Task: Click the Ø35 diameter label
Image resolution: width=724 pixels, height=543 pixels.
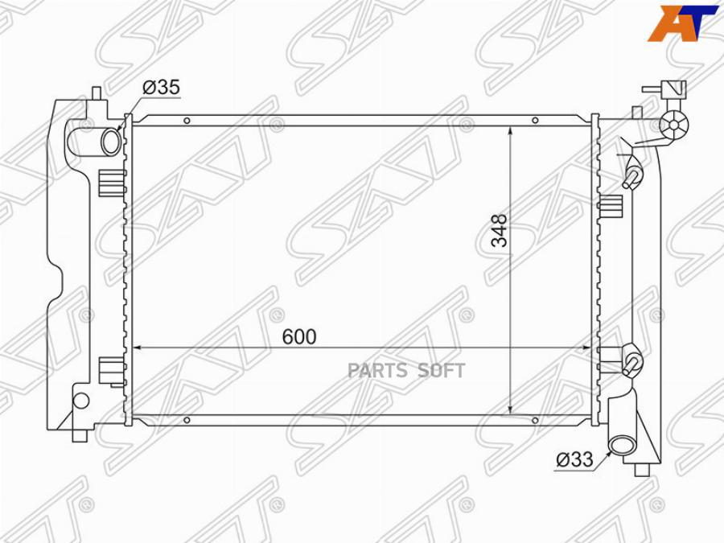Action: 161,87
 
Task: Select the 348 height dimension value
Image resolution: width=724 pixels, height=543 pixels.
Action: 499,229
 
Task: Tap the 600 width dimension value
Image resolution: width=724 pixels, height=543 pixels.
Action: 299,336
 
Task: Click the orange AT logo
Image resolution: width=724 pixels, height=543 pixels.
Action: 682,23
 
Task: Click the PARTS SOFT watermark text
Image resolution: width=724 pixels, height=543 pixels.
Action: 406,370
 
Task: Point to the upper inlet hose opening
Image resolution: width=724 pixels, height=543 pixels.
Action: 111,142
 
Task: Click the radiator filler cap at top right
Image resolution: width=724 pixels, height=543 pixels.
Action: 674,124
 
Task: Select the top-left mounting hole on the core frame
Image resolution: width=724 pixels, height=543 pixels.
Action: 187,121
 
